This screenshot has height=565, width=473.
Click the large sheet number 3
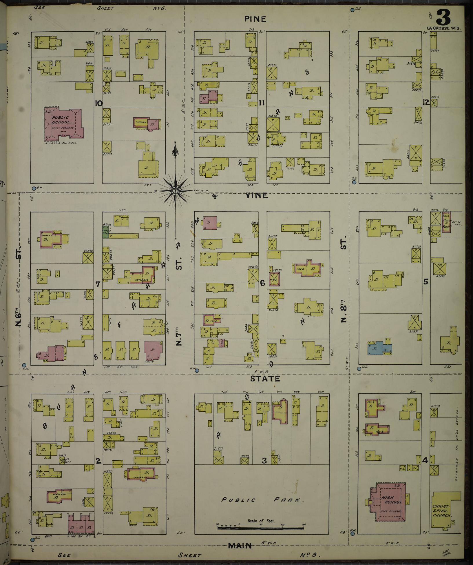443,18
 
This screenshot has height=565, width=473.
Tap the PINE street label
255,19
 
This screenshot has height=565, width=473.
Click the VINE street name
257,196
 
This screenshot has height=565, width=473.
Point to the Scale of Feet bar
261,528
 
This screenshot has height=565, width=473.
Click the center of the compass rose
175,191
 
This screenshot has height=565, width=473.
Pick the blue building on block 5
379,347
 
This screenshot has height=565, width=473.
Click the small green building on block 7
106,232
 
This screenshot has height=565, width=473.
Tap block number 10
98,103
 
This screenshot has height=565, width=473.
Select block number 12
426,102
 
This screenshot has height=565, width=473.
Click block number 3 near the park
264,460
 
